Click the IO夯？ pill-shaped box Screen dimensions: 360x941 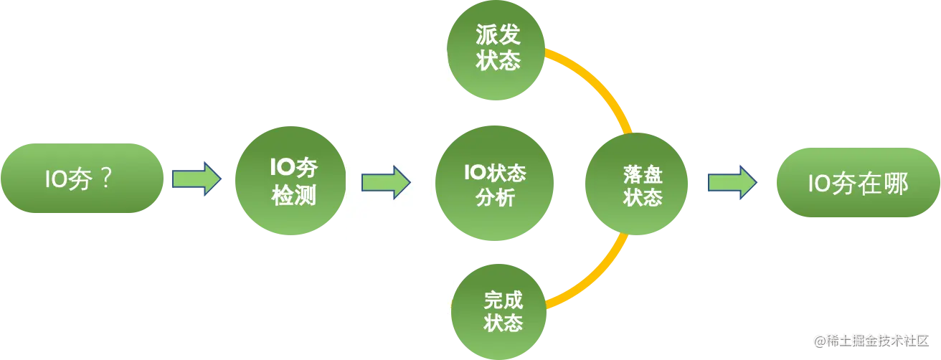click(x=82, y=179)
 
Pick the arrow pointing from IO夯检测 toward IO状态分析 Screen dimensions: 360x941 click(x=385, y=181)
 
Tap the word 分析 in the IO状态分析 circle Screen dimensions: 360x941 click(x=495, y=198)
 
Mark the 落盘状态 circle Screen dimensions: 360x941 click(x=637, y=185)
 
